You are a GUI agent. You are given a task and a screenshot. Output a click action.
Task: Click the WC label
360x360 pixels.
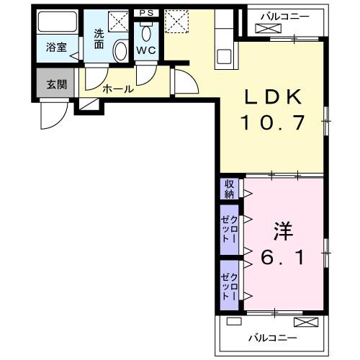pos(146,51)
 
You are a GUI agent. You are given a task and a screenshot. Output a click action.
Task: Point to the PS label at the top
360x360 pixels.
pos(146,13)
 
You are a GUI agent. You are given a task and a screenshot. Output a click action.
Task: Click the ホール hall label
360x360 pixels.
pos(117,89)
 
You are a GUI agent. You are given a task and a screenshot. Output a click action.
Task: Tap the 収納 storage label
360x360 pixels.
pos(229,189)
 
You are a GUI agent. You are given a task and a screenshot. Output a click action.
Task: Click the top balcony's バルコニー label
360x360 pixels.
pos(286,14)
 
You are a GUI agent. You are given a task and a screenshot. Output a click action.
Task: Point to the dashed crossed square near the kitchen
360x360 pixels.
pos(176,22)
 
